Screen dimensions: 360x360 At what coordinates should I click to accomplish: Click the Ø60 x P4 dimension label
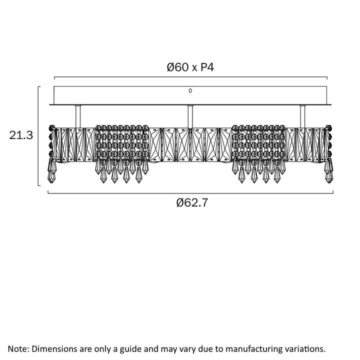tap(190, 67)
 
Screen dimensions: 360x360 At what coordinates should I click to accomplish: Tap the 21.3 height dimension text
tap(21, 135)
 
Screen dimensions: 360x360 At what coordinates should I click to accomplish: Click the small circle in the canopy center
tap(190, 91)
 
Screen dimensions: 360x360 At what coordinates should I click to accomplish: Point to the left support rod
tap(77, 116)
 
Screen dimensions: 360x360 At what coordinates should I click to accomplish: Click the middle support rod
tap(189, 116)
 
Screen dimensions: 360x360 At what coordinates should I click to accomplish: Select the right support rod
tap(301, 116)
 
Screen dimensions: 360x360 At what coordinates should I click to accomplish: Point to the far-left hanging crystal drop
tap(51, 172)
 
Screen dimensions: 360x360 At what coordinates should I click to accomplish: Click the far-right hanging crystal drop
tap(329, 172)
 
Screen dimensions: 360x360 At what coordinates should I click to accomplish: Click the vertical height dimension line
tap(39, 135)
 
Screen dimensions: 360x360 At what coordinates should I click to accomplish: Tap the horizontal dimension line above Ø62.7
tap(190, 192)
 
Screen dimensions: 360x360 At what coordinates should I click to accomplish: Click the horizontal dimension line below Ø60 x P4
tap(190, 77)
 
